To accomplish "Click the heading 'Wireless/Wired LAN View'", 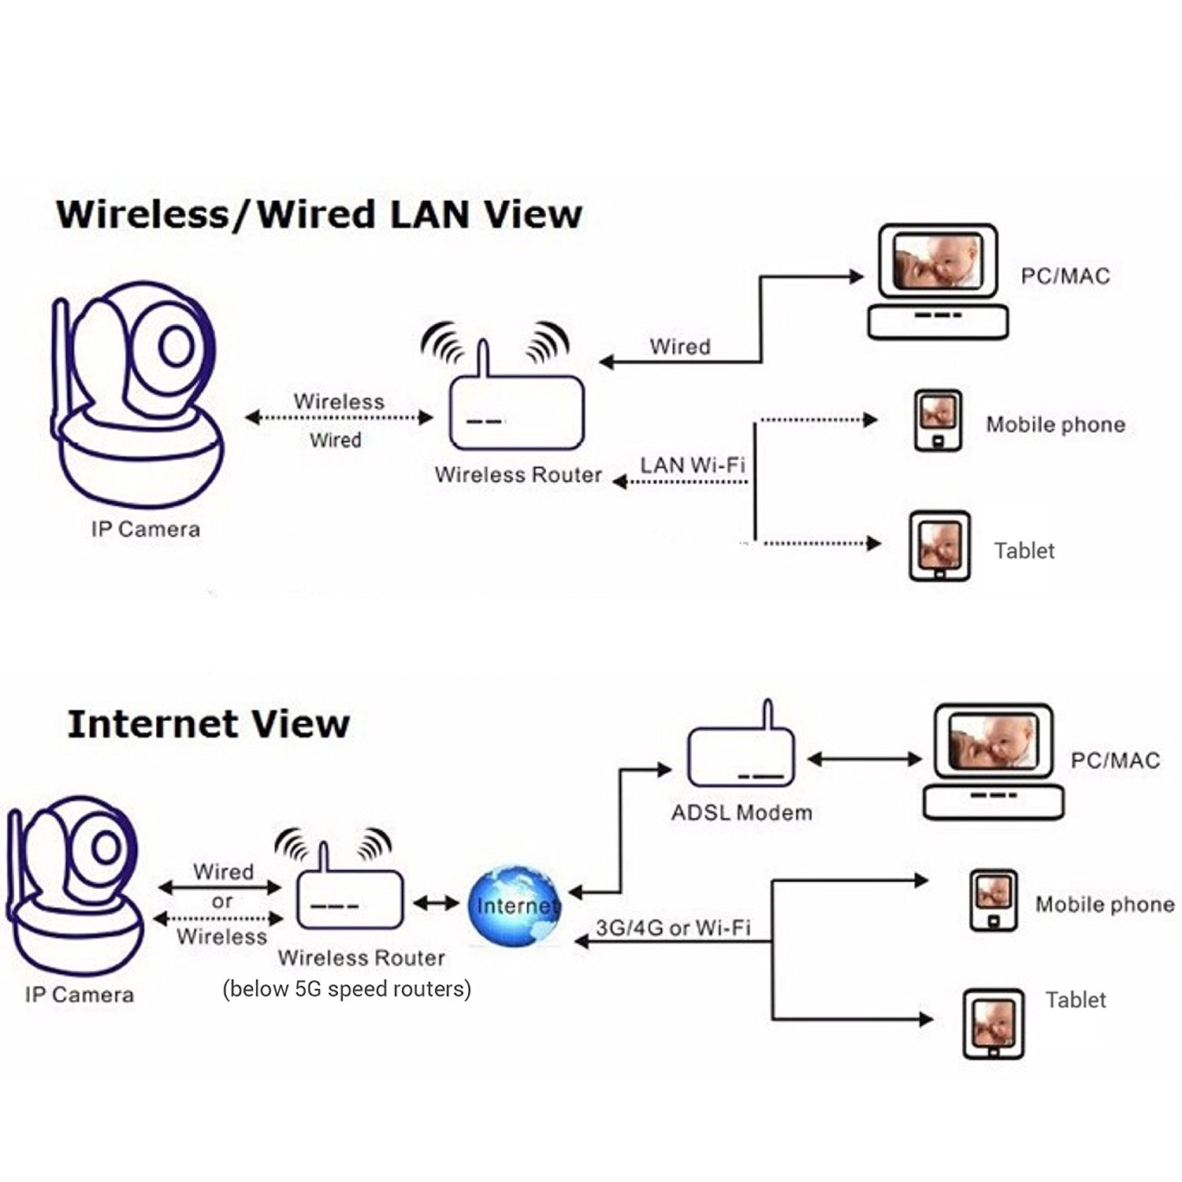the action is tap(319, 214).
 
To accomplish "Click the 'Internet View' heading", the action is tap(209, 724).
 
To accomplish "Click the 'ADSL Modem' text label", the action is tap(742, 812).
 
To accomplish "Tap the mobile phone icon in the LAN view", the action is tap(938, 421).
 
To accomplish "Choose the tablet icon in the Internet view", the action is tap(993, 1024).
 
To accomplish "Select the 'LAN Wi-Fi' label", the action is tap(693, 465).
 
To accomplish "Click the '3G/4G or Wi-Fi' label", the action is tap(673, 928).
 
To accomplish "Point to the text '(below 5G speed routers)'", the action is tap(347, 989).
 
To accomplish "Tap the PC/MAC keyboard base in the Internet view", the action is tap(994, 802).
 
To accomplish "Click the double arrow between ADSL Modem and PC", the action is tap(864, 760).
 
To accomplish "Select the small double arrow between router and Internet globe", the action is tap(437, 903).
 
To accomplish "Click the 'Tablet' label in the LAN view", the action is tap(1024, 551).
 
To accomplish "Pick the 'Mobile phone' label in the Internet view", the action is tap(1105, 904).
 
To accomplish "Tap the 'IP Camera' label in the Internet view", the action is tap(80, 994).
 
